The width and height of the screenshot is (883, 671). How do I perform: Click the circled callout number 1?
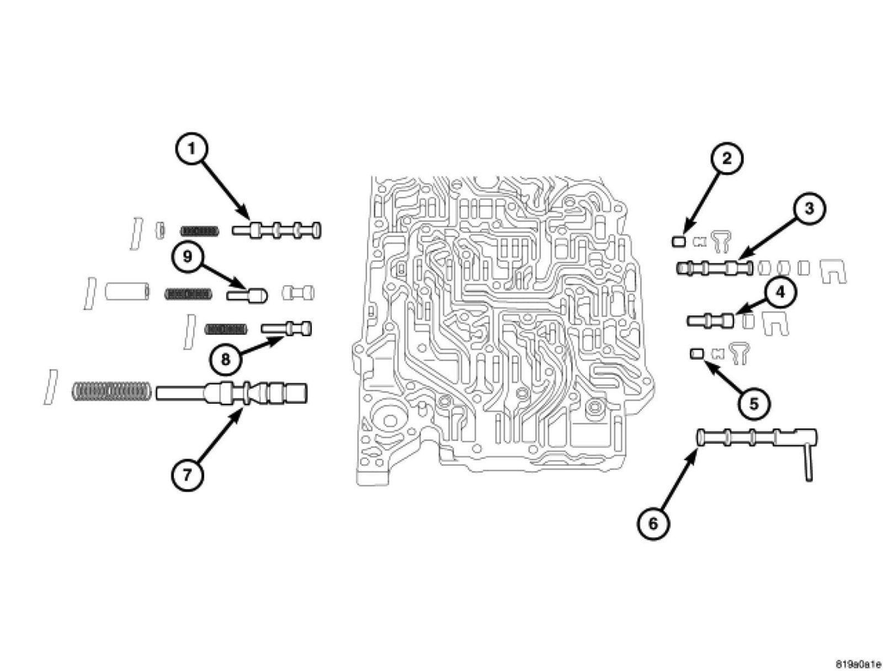[192, 149]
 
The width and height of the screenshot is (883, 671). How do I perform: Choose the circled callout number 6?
[653, 523]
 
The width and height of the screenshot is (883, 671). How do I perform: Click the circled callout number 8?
[225, 360]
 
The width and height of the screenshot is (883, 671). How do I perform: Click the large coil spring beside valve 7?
[111, 391]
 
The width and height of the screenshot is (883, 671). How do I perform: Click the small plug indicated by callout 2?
[678, 240]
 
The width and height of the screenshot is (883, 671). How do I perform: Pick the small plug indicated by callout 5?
[696, 353]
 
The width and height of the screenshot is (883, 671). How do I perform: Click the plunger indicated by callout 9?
[247, 294]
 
